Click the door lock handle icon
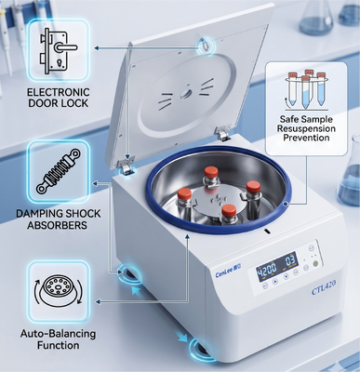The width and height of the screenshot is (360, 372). click(58, 51)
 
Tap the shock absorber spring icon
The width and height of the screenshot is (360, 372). click(59, 171)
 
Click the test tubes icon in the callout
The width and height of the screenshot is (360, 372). click(306, 89)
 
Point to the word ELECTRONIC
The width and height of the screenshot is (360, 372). click(59, 92)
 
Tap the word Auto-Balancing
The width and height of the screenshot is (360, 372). click(58, 334)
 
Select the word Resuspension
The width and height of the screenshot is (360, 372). click(306, 128)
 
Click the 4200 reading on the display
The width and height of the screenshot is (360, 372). click(267, 270)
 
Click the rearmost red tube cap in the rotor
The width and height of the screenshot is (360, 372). click(211, 171)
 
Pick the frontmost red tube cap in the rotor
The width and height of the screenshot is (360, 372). click(229, 210)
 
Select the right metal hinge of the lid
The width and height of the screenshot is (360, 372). click(222, 134)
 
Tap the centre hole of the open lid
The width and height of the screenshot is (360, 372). click(186, 93)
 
